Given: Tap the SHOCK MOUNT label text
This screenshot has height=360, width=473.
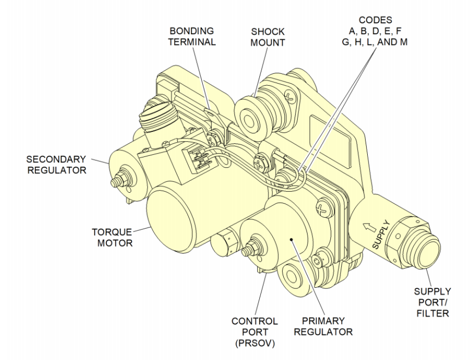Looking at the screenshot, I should pos(267,37).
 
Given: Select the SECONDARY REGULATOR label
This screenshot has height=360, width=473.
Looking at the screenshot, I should pos(56,165).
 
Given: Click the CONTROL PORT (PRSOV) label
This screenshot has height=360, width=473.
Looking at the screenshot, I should pos(254,332).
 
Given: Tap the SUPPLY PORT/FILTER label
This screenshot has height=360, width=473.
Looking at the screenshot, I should pos(432,302).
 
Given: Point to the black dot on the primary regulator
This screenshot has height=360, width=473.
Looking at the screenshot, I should pos(291,237).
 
